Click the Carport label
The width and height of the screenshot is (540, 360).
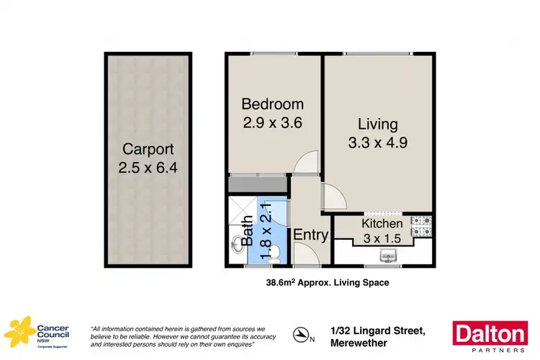pos(148,150)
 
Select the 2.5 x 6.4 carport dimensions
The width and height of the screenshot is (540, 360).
pos(148,170)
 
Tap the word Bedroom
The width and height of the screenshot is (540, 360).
pos(272,104)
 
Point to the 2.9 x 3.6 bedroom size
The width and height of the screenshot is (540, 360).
pos(272,122)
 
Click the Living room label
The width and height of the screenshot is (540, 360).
pos(377,124)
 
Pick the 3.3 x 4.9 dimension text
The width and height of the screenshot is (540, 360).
pos(377,143)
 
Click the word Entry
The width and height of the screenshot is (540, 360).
pos(311,235)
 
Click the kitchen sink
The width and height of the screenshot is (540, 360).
pos(389,254)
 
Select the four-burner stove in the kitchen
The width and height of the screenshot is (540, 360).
pos(421,226)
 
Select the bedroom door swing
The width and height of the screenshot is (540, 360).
pos(307,163)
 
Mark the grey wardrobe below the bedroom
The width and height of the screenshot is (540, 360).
pos(258,185)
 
